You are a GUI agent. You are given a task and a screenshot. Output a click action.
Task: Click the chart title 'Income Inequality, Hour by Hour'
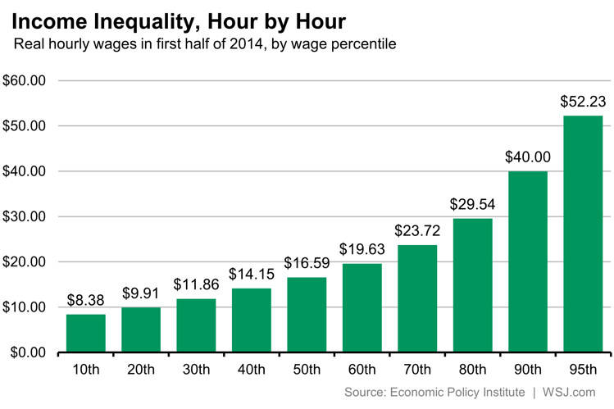(178, 19)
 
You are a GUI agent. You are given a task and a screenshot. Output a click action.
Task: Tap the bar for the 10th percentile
(85, 334)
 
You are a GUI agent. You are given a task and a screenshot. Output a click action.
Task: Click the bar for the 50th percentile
(307, 315)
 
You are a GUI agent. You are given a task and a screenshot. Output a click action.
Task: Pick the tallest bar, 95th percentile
(583, 234)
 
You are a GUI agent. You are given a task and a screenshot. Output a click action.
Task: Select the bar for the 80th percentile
(472, 285)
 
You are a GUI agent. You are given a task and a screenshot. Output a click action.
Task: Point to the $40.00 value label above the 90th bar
(528, 157)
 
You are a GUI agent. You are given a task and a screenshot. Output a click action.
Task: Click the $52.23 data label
(583, 102)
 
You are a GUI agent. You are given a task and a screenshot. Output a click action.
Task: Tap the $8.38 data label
(85, 300)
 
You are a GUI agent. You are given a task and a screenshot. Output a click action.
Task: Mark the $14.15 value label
(251, 274)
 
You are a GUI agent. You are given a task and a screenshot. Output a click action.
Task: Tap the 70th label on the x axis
(417, 370)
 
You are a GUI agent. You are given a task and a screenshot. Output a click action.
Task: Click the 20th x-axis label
(140, 370)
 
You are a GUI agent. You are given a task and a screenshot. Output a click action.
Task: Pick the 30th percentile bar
(196, 325)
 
